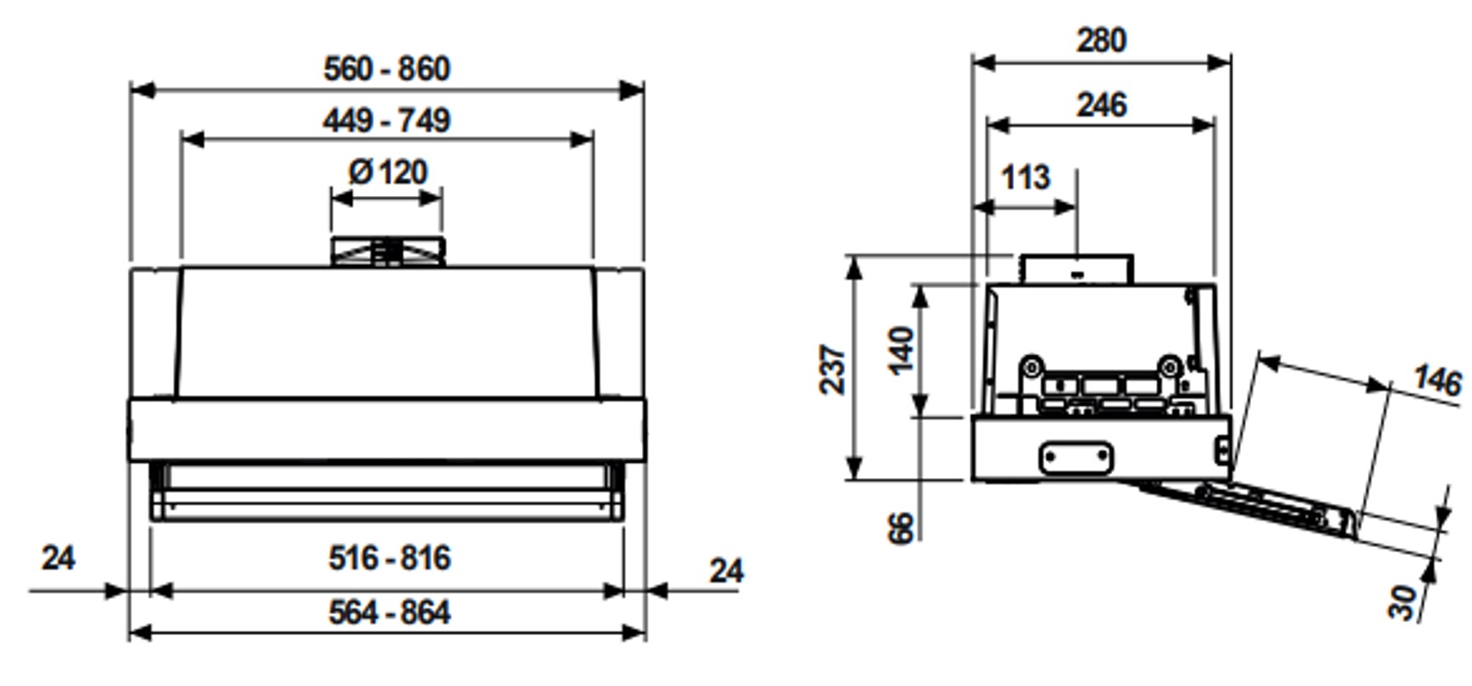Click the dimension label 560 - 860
[386, 69]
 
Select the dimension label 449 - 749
[386, 121]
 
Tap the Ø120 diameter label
[388, 173]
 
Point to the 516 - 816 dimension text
[389, 559]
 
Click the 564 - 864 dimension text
[389, 613]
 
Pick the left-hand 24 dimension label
[58, 559]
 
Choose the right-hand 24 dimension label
[726, 571]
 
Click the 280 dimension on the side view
[1101, 40]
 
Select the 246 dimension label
[1101, 106]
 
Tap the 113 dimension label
[1024, 178]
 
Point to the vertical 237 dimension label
[833, 369]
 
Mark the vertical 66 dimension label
[901, 528]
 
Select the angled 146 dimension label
[1437, 380]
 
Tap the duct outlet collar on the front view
[388, 252]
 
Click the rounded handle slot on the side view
[1076, 458]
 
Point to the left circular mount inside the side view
[1032, 367]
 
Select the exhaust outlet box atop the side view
[1076, 269]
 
